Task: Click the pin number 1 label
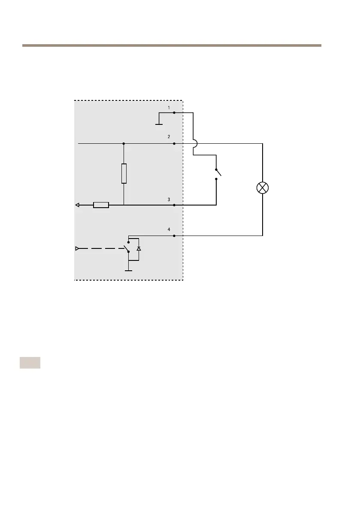[169, 107]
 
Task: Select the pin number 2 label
[169, 137]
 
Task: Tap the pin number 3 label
[169, 200]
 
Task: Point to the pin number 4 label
[169, 230]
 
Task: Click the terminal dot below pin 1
[174, 113]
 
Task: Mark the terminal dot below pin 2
[174, 143]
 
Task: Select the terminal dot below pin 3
[174, 205]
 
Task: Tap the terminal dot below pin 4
[174, 236]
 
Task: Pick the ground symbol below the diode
[128, 270]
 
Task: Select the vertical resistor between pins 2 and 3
[124, 173]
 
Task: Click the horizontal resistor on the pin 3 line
[101, 205]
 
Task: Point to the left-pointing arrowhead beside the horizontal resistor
[77, 205]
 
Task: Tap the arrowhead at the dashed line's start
[77, 248]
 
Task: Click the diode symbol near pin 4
[138, 248]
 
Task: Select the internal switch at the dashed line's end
[127, 248]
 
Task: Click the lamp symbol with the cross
[263, 188]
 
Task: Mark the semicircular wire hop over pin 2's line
[194, 143]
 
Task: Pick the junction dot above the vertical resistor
[124, 143]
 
